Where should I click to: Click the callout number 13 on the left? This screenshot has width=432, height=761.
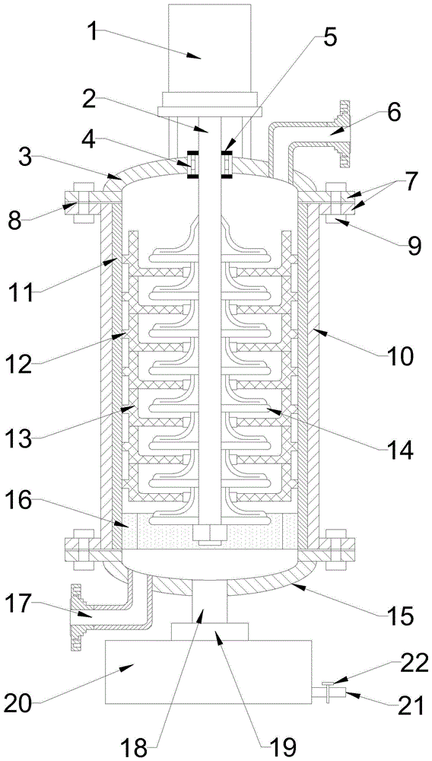pos(21,440)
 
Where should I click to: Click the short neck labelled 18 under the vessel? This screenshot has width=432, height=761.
pos(210,602)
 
